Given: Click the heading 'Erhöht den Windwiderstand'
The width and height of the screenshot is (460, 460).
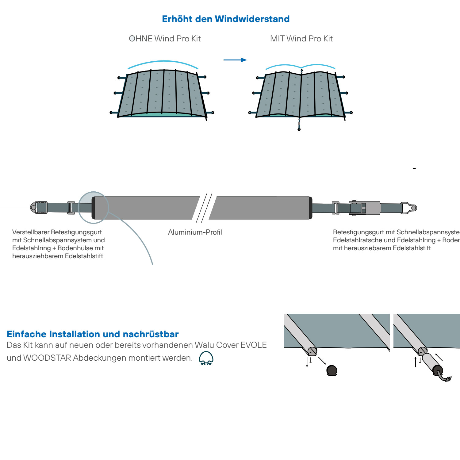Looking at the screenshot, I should click(226, 19).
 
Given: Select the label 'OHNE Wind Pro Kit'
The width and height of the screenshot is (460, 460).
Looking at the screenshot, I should click(165, 39).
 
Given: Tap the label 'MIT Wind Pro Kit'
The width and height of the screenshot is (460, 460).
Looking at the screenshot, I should click(301, 39).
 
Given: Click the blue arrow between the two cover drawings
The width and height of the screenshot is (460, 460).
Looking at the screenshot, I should click(235, 60).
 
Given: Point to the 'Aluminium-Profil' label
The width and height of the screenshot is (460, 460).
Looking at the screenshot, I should click(195, 232).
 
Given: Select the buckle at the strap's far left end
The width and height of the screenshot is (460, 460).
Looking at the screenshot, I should click(39, 208).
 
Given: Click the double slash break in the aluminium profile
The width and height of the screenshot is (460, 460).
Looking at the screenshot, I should click(204, 208).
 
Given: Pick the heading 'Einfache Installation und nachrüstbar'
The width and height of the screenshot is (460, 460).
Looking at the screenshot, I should click(93, 334).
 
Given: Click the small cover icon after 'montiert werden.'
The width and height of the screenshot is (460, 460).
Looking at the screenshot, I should click(206, 358).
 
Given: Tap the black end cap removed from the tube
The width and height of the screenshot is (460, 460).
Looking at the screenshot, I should click(332, 370).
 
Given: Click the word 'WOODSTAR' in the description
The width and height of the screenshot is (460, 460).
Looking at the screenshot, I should click(47, 358).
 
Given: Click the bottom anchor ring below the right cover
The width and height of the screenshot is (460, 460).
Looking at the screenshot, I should click(299, 129).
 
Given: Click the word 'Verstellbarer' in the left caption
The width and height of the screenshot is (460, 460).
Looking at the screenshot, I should click(31, 232).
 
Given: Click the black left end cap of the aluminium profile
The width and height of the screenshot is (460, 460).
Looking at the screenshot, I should click(94, 208).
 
